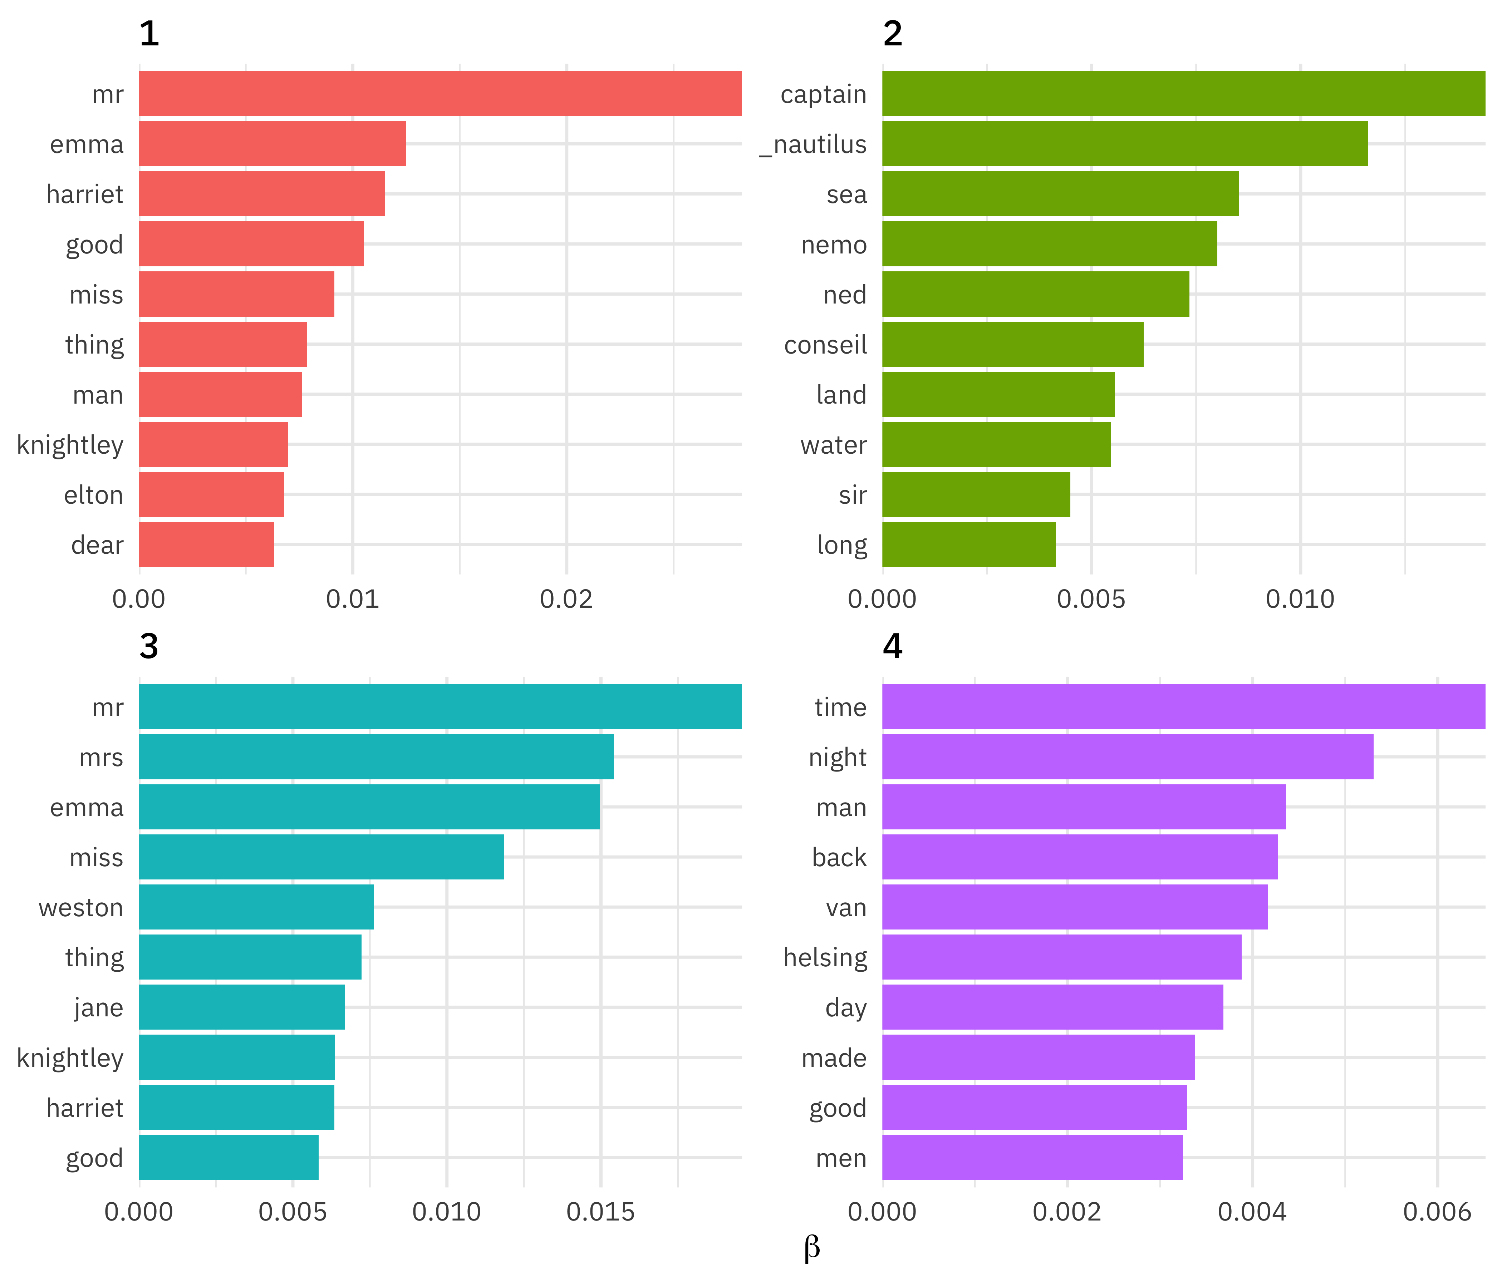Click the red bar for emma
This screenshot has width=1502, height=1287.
click(x=272, y=143)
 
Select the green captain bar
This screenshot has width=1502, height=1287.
click(x=1183, y=93)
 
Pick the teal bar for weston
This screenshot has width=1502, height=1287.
click(x=256, y=907)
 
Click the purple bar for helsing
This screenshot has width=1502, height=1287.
click(x=1061, y=957)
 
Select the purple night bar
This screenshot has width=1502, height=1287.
click(x=1127, y=756)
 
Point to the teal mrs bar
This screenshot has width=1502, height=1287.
click(x=375, y=756)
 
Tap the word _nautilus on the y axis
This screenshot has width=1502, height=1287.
click(x=813, y=144)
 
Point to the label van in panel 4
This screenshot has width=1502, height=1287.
click(x=846, y=907)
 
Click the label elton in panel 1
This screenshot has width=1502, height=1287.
click(x=93, y=495)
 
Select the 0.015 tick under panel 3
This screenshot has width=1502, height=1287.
click(x=600, y=1212)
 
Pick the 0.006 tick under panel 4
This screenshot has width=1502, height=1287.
click(x=1437, y=1212)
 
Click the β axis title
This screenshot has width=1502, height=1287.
click(x=812, y=1248)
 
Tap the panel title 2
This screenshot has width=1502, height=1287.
click(x=892, y=33)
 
